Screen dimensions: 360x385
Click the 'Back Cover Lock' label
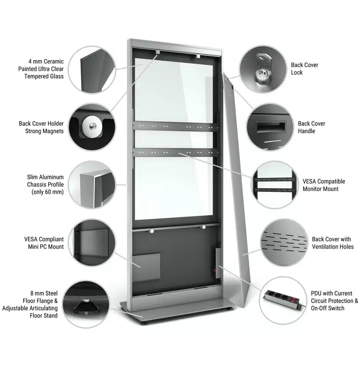coord(304,69)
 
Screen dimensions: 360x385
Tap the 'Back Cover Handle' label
coord(311,127)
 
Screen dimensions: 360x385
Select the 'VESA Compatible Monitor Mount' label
coord(324,185)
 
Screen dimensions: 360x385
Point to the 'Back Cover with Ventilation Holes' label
coord(333,243)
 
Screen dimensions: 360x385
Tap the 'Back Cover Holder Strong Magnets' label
coord(41,127)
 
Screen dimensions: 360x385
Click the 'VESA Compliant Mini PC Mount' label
coord(44,243)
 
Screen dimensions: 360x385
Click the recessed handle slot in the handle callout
coord(271,127)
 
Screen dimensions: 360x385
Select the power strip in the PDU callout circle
coord(284,299)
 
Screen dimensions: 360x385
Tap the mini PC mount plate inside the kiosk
coord(146,267)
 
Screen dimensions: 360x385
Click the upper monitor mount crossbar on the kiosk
coord(175,126)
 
